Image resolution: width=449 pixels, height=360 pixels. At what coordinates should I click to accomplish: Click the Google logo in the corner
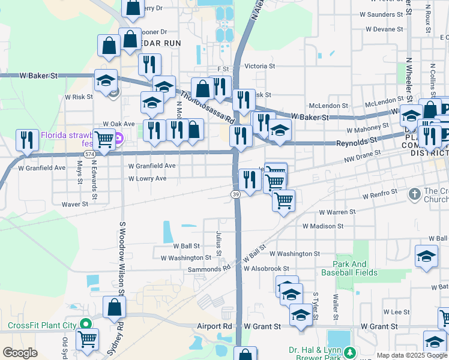[x=20, y=353]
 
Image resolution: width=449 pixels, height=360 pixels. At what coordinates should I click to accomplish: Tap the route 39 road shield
[x=235, y=194]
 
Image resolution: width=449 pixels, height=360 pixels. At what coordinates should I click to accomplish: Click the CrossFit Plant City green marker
[x=85, y=325]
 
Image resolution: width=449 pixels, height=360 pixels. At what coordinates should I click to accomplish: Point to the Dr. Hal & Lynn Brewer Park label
[x=318, y=353]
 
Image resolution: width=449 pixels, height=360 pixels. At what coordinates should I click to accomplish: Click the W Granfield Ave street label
[x=151, y=166]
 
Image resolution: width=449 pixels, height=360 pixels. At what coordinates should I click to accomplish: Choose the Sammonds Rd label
[x=209, y=269]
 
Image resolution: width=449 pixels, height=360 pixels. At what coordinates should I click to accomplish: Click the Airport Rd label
[x=215, y=326]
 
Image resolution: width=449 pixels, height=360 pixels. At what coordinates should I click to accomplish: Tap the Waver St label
[x=75, y=204]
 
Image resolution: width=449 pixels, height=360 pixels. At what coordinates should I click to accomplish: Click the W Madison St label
[x=323, y=226]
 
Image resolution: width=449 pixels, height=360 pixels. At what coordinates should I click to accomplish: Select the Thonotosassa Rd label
[x=206, y=106]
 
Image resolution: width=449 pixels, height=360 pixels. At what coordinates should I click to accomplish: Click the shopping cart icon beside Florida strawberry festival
[x=104, y=140]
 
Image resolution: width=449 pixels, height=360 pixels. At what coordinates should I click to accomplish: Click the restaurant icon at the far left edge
[x=27, y=140]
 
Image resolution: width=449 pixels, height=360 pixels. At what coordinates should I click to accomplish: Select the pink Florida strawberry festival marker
[x=119, y=139]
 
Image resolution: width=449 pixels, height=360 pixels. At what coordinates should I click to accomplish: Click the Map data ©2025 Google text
[x=412, y=355]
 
